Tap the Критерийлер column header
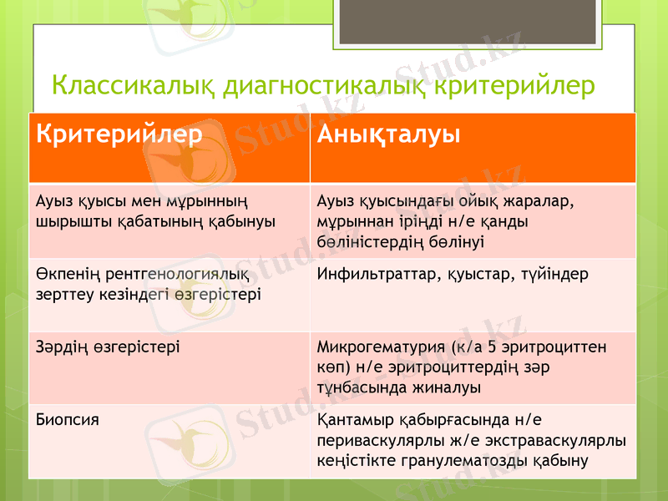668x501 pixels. [119, 134]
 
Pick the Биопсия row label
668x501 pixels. [67, 419]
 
